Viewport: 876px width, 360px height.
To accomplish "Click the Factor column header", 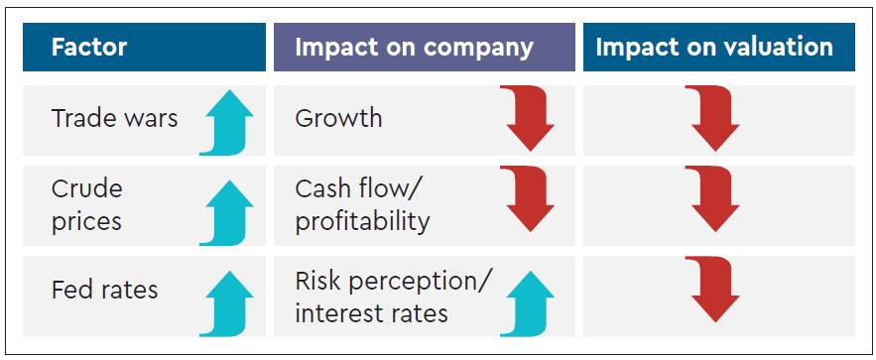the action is pyautogui.click(x=89, y=47).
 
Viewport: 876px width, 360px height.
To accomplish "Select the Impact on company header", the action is pyautogui.click(x=414, y=48).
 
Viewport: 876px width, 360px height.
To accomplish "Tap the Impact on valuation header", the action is pyautogui.click(x=714, y=48).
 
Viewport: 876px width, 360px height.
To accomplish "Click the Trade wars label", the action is pyautogui.click(x=114, y=118).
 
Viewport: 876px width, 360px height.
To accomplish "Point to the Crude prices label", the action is pyautogui.click(x=86, y=205).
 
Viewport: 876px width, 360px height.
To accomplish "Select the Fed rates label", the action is pyautogui.click(x=104, y=290).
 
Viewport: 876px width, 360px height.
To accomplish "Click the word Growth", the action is pyautogui.click(x=338, y=118).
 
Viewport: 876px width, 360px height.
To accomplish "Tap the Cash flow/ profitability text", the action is pyautogui.click(x=362, y=205).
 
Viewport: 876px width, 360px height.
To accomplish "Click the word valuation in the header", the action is pyautogui.click(x=775, y=48).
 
